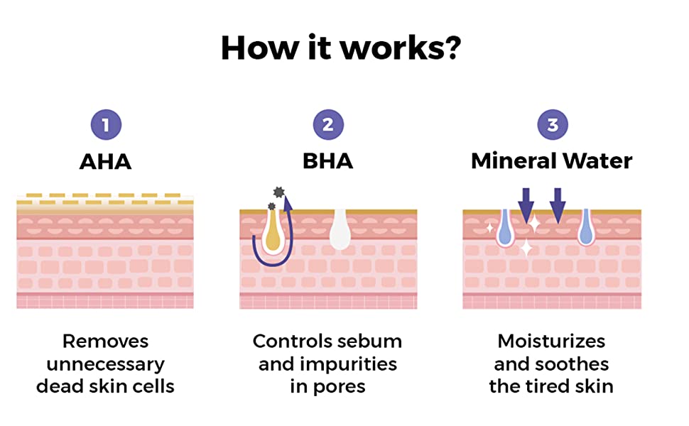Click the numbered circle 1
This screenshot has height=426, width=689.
coord(106,126)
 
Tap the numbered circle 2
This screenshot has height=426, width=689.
coord(327,126)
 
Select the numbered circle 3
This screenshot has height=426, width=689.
coord(552,126)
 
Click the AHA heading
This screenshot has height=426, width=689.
coord(106,161)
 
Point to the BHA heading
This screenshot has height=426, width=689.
coord(327,161)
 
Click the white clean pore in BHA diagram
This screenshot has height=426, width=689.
coord(340,230)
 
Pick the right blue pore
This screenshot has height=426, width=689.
coord(586,229)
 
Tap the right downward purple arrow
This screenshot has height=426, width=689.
coord(558,204)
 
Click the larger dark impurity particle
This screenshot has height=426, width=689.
coord(278,192)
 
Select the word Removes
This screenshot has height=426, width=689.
coord(105,342)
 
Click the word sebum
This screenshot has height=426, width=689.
coord(371,342)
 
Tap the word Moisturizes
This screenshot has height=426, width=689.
coord(551,342)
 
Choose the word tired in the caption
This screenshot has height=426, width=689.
coord(552,387)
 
